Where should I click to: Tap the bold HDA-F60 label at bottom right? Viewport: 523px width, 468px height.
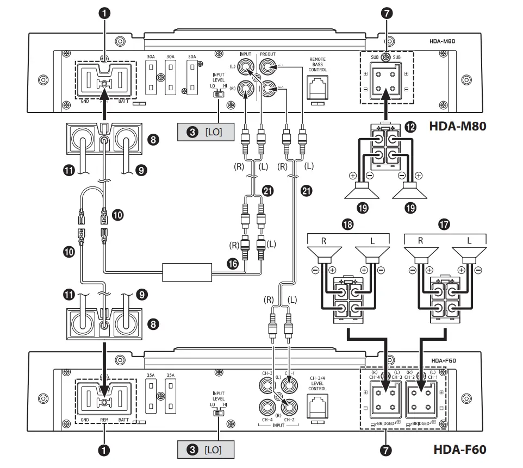pyautogui.click(x=459, y=450)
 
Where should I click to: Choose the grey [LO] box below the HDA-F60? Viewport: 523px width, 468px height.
pyautogui.click(x=205, y=450)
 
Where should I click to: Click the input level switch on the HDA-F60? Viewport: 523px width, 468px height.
pyautogui.click(x=217, y=413)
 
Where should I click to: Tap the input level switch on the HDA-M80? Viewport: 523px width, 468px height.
pyautogui.click(x=217, y=95)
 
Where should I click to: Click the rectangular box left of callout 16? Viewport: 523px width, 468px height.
pyautogui.click(x=186, y=272)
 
